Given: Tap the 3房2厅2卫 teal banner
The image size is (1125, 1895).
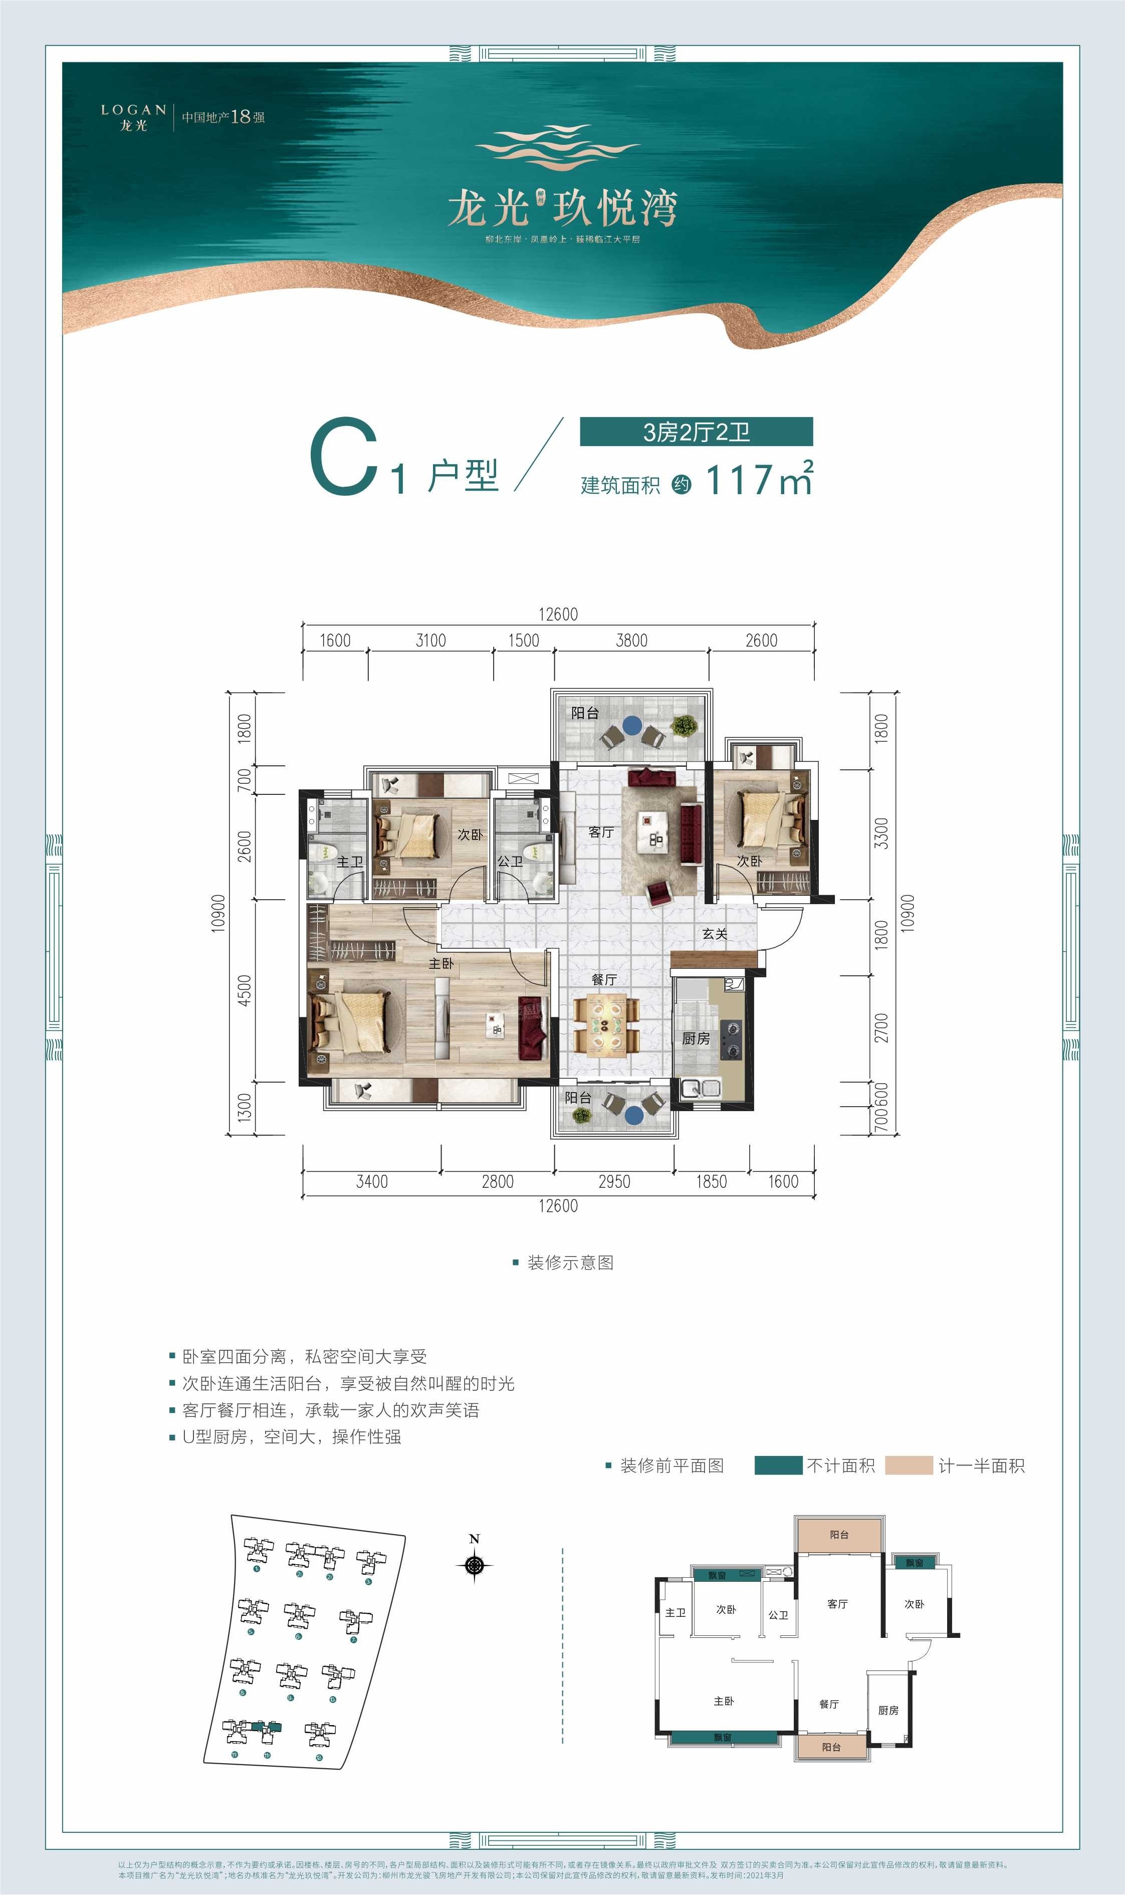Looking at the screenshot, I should pos(696,432).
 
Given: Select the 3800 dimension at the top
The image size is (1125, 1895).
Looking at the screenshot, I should pos(631,641).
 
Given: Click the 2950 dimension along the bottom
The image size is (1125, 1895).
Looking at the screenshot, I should pos(613,1182).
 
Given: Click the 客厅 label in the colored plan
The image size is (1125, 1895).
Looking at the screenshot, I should pos(600,832).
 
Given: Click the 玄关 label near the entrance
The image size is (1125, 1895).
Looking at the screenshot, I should pos(714,934).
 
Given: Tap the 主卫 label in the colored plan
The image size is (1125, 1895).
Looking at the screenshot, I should pos(349,862).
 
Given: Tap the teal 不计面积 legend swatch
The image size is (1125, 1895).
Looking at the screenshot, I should pos(778,1465).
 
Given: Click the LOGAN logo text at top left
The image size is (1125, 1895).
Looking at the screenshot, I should pos(133,110).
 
